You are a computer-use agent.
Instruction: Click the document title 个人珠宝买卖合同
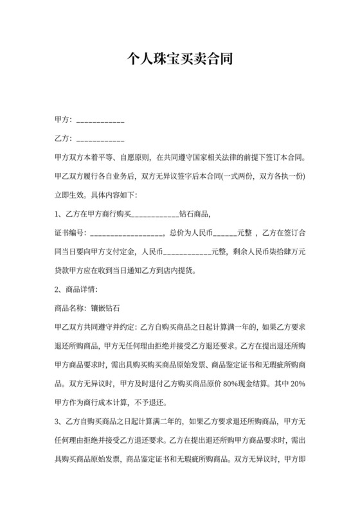(179, 60)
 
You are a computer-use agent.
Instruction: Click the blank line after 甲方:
(100, 121)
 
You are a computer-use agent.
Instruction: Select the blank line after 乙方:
(100, 139)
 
